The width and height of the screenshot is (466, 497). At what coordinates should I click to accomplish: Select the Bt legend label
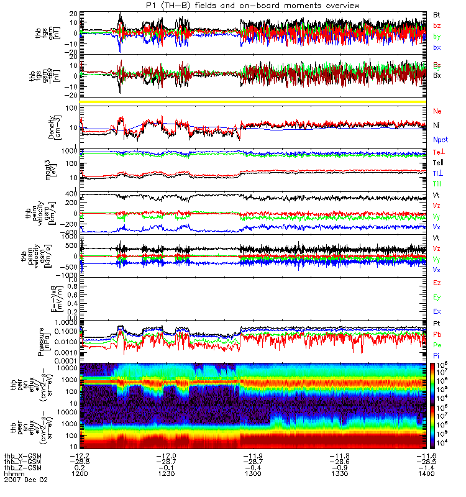[x=437, y=13]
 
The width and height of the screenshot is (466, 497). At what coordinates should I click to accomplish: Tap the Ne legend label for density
[x=437, y=111]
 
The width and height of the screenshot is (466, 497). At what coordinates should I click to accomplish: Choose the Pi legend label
[x=437, y=355]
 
